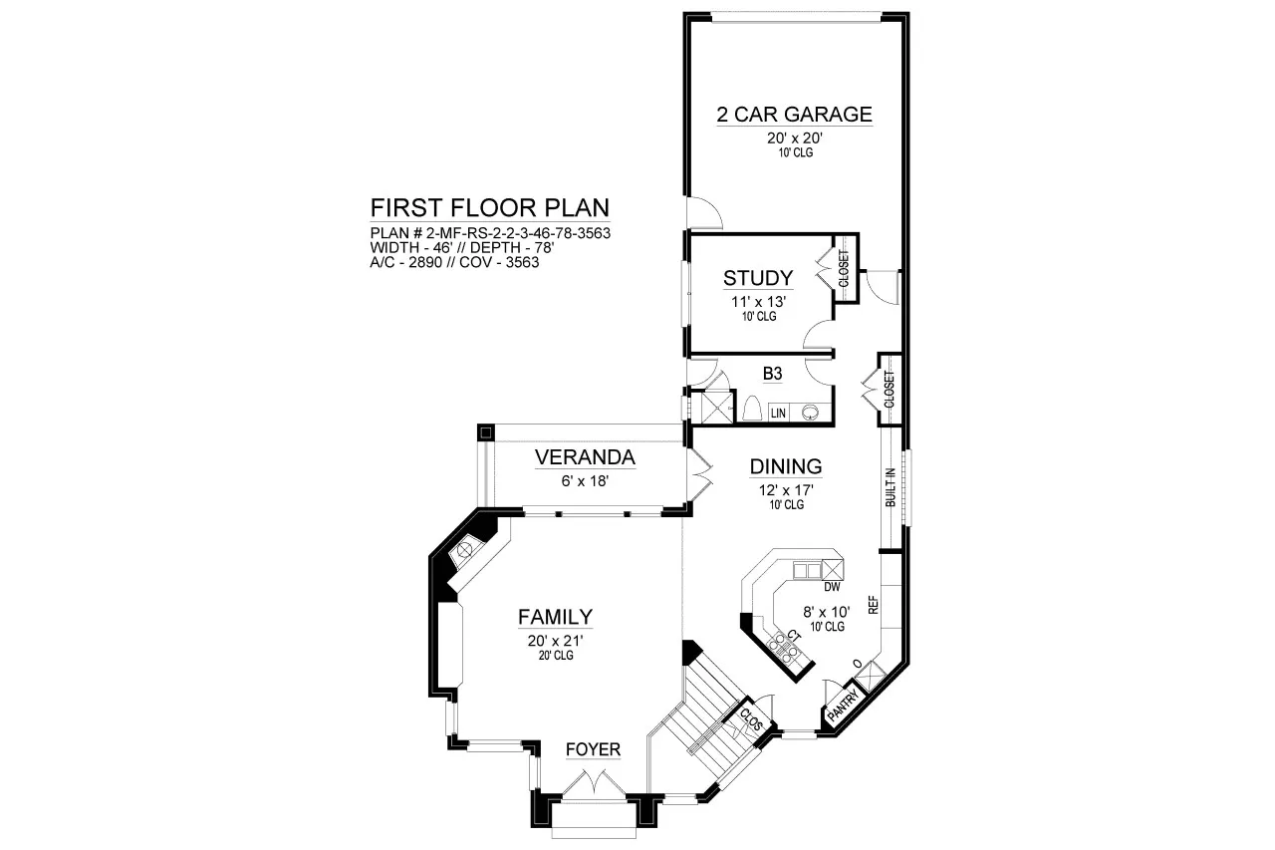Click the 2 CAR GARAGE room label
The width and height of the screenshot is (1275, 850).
coord(794,115)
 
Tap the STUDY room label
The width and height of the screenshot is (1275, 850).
coord(758,278)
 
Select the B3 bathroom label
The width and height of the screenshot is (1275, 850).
coord(772,374)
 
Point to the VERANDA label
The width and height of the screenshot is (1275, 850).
coord(585,457)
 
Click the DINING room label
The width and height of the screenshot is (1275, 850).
coord(786,466)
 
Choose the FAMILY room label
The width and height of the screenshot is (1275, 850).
coord(555,617)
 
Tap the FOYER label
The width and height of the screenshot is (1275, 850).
coord(593,749)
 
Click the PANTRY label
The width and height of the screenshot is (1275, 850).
coord(843,707)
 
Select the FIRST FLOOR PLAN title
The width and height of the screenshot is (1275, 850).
coord(489,208)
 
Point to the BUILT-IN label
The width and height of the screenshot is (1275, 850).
coord(891,487)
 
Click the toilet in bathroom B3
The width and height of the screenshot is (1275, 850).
coord(752,409)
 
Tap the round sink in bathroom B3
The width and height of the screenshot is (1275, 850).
coord(811,413)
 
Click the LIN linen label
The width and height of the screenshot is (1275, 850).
coord(778,414)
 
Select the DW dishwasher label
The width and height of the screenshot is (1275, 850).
coord(832,587)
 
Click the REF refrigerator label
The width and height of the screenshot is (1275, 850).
coord(874,605)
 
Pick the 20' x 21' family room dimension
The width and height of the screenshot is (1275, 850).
coord(556,641)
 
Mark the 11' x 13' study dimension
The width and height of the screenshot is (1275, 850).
coord(758,301)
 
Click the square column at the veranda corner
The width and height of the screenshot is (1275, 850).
coord(485,432)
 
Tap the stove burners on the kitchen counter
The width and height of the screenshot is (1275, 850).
coord(783,648)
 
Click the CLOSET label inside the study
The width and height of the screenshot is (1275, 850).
coord(844,268)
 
